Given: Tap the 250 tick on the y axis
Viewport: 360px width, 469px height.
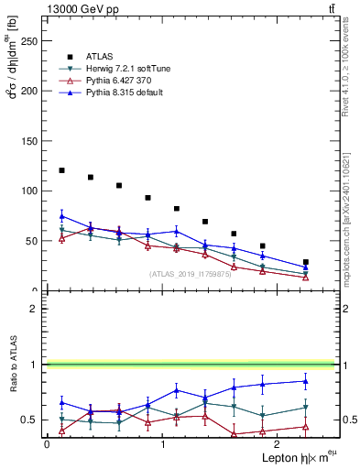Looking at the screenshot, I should (30, 41).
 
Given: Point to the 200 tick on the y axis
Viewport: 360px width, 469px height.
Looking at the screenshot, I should (30, 91).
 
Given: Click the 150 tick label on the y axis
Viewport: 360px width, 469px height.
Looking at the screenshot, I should (30, 141).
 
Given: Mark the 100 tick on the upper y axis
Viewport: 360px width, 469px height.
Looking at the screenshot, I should (30, 191).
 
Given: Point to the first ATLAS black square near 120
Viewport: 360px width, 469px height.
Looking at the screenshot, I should (61, 170).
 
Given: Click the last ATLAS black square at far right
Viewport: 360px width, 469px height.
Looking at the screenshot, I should (306, 262).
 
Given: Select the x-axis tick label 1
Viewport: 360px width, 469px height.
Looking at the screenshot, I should (162, 443).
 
